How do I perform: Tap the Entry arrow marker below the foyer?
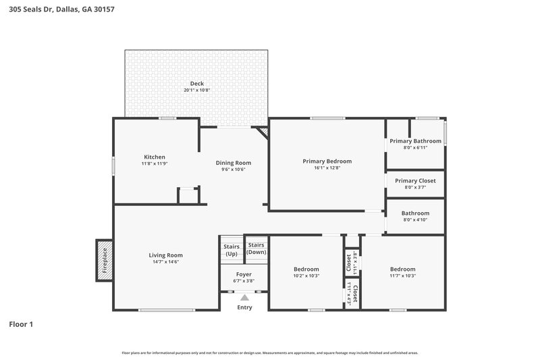244,297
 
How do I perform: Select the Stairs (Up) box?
231,250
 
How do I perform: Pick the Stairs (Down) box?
256,248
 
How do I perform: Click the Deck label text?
197,84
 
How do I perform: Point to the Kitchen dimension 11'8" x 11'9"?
155,163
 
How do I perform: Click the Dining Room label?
234,163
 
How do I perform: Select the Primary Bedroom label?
327,161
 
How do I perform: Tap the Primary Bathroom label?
415,141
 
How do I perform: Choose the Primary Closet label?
415,181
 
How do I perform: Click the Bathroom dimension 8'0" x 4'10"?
415,220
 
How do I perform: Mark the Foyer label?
244,274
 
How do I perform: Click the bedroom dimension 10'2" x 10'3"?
306,276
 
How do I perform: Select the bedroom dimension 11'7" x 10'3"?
402,276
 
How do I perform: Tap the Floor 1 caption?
21,324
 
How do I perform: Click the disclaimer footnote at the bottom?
269,353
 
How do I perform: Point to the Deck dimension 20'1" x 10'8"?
197,90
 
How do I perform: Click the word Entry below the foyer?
244,307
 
